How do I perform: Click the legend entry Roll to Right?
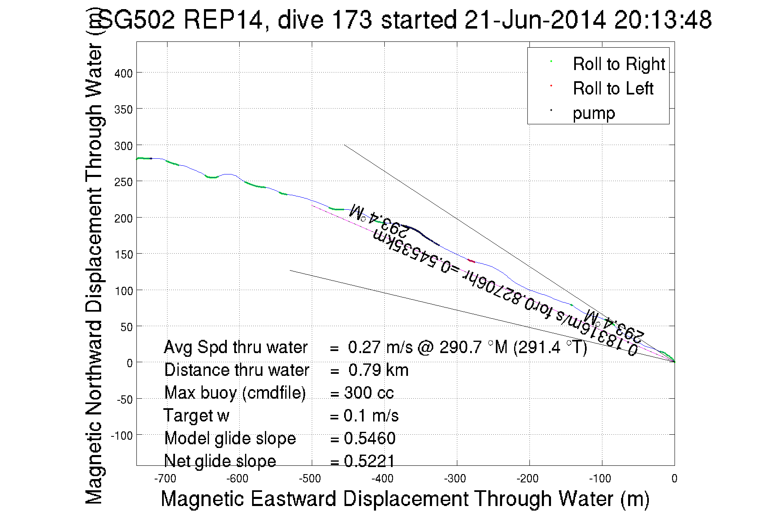(x=618, y=64)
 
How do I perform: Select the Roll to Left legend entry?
(x=613, y=89)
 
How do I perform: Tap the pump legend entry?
(x=594, y=113)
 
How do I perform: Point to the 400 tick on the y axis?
(x=123, y=73)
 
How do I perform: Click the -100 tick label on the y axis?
(x=121, y=436)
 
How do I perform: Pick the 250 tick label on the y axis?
(x=123, y=182)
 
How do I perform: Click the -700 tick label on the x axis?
(x=165, y=479)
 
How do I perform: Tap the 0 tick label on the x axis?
(x=674, y=479)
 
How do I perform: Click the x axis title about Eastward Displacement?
(x=405, y=499)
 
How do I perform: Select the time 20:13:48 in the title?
(x=663, y=19)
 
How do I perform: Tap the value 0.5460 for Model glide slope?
(x=369, y=438)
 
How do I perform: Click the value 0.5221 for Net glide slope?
(x=369, y=461)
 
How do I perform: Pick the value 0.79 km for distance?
(x=378, y=370)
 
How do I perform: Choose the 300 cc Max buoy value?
(x=369, y=393)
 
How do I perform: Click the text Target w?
(x=196, y=416)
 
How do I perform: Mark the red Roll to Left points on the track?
(x=471, y=261)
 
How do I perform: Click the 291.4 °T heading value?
(x=550, y=347)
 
